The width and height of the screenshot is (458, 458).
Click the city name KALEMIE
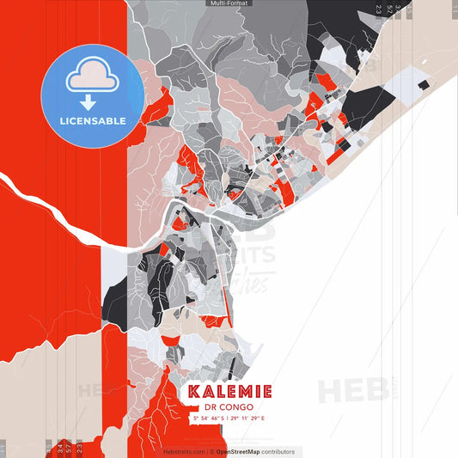(229, 392)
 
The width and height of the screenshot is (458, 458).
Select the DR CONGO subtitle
(229, 407)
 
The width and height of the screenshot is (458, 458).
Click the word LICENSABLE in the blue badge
(93, 120)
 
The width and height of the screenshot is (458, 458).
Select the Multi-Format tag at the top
(229, 3)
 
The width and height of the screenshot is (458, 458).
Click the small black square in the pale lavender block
(423, 84)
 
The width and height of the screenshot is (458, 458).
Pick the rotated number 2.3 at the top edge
(379, 10)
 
